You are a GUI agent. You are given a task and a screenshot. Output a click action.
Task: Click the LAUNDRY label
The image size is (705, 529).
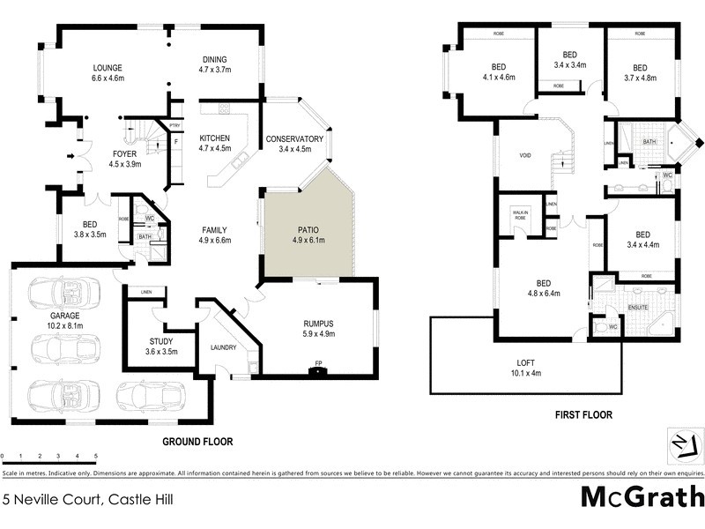[x=223, y=347]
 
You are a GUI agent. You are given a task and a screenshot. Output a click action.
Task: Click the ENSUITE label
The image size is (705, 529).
[x=637, y=308]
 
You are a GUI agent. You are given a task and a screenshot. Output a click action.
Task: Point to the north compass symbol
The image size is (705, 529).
[x=679, y=443]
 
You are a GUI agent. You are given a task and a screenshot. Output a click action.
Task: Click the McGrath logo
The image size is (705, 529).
[x=641, y=498]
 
